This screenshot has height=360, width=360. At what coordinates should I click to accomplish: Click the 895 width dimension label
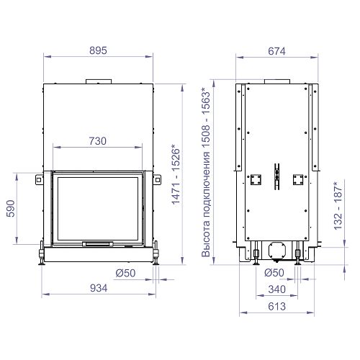point(98,50)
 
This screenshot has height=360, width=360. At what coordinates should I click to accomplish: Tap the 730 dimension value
point(98,141)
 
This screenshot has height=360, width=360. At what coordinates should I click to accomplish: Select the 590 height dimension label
point(11,209)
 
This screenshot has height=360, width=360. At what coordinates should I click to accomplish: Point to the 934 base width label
point(99,288)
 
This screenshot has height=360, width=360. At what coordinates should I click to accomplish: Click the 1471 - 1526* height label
point(176,174)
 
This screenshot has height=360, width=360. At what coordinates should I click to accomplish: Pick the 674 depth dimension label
point(276,51)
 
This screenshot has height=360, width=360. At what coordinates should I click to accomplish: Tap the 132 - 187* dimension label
point(338,206)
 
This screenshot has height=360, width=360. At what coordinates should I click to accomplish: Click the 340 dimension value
point(276,289)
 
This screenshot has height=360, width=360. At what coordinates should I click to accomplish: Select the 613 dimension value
point(276,307)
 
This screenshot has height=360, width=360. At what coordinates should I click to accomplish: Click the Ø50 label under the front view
point(125,273)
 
